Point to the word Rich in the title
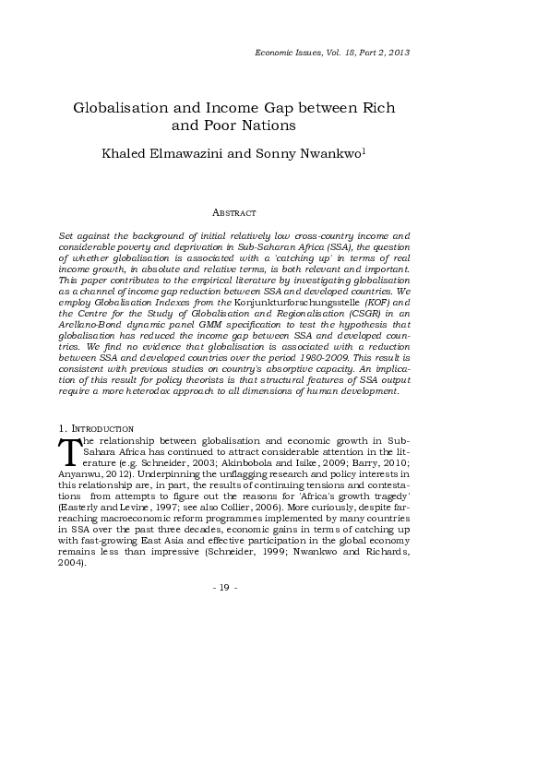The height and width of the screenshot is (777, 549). pos(377,108)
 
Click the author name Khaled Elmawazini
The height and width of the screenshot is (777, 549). pos(161,151)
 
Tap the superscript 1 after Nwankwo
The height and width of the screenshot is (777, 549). pos(339,148)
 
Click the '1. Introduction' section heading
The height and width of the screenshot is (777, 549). pos(96,429)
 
